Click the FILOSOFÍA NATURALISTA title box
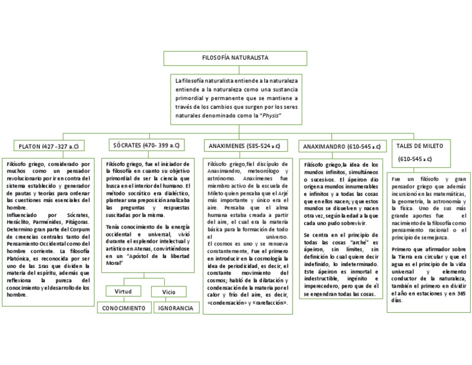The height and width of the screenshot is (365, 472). [x=236, y=58]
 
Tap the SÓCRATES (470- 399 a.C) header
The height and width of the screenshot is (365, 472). [x=146, y=146]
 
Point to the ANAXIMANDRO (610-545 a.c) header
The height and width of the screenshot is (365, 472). [x=340, y=146]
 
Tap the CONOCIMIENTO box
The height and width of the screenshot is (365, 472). [x=124, y=307]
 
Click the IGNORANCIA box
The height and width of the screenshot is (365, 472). [x=174, y=307]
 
